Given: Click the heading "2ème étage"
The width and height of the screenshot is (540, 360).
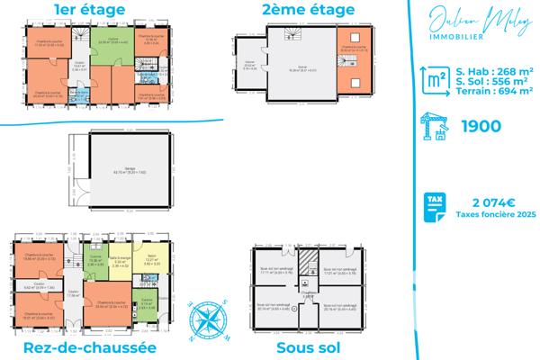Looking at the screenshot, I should pyautogui.click(x=295, y=10).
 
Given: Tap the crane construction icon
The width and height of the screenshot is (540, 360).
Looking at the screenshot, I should pyautogui.click(x=436, y=128).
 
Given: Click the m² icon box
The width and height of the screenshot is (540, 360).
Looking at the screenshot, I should pyautogui.click(x=436, y=81).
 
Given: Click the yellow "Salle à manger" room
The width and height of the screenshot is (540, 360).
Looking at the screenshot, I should pyautogui.click(x=120, y=263).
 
